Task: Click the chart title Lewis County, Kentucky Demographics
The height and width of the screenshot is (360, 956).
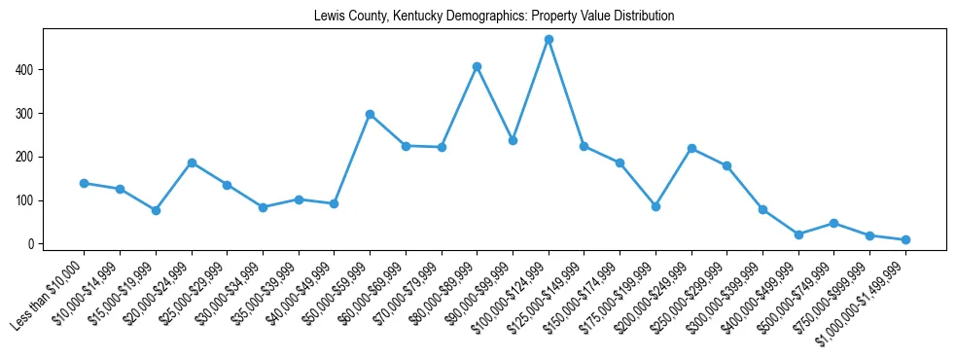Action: tap(494, 17)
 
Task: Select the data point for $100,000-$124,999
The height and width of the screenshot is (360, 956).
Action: tap(549, 40)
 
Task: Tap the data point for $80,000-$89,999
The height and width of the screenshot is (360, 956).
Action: tap(477, 66)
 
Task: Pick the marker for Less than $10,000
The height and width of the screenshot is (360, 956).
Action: tap(84, 183)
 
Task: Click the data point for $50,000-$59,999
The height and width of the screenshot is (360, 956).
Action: tap(370, 114)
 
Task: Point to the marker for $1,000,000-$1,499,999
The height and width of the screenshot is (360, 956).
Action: tap(905, 239)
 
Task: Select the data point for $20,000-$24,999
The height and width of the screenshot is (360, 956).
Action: tap(192, 162)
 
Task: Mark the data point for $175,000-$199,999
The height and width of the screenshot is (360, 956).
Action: tap(655, 206)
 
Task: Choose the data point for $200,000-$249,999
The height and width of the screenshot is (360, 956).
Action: tap(691, 148)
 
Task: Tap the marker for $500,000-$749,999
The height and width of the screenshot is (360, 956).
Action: tap(833, 223)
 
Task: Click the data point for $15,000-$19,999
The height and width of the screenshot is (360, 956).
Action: tap(156, 210)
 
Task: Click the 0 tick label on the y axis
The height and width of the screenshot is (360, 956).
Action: tap(32, 244)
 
